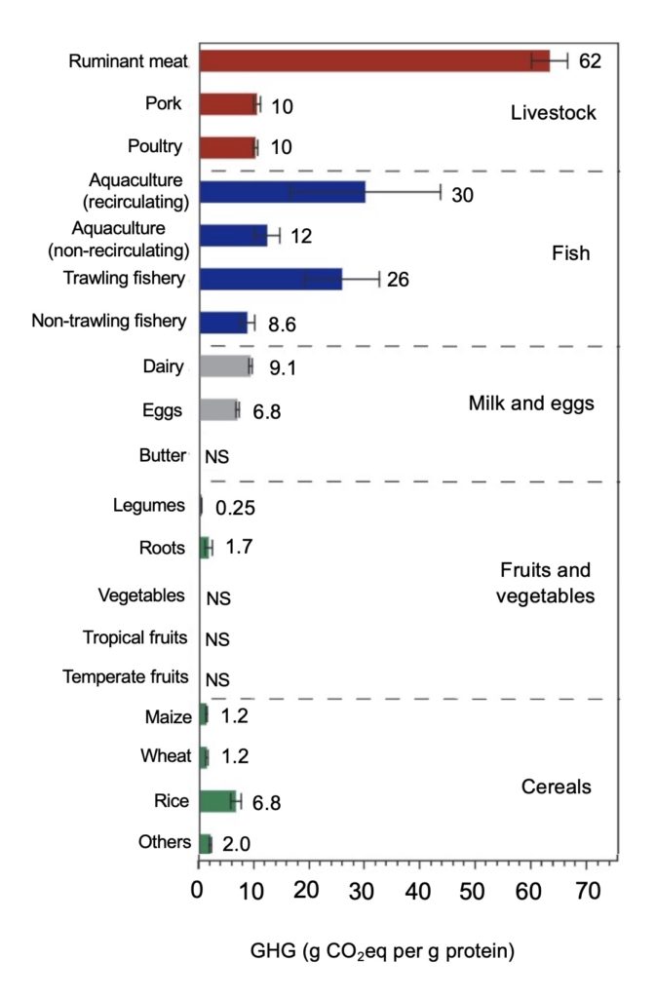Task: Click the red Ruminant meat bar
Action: (374, 60)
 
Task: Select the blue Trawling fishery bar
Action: (270, 280)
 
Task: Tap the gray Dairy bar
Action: (225, 366)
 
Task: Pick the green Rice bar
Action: (218, 801)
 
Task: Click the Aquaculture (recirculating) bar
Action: (282, 192)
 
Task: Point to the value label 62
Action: (590, 61)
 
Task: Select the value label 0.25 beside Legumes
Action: (235, 508)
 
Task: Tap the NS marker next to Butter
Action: (216, 456)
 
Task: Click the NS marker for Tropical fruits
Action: (216, 639)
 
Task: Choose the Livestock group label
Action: (553, 114)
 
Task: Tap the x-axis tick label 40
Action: (418, 890)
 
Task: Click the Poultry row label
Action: (155, 147)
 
